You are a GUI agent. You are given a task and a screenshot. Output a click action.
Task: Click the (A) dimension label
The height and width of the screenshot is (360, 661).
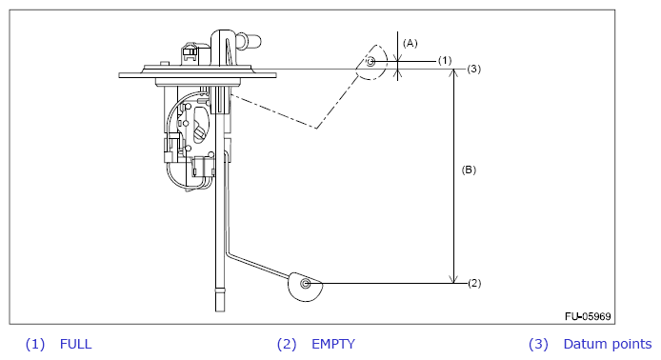pyautogui.click(x=411, y=43)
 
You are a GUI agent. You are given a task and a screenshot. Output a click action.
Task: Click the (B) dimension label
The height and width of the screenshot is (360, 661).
pyautogui.click(x=469, y=170)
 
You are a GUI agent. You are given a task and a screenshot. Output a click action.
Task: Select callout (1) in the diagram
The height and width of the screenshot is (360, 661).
pyautogui.click(x=445, y=61)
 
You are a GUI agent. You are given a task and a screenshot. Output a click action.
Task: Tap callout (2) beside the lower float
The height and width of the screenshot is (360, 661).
pyautogui.click(x=474, y=283)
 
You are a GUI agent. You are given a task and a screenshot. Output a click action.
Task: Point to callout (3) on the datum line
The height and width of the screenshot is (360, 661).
pyautogui.click(x=473, y=69)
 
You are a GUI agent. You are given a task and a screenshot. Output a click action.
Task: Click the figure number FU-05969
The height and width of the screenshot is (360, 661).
pyautogui.click(x=588, y=316)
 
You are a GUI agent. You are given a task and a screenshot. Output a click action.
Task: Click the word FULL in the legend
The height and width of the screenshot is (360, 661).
pyautogui.click(x=76, y=344)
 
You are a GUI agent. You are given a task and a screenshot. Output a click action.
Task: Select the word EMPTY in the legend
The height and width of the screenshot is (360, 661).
pyautogui.click(x=333, y=344)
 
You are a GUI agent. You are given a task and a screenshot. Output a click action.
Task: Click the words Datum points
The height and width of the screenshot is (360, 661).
pyautogui.click(x=608, y=344)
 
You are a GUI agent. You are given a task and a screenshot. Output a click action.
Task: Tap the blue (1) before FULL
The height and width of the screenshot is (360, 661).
pyautogui.click(x=35, y=344)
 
